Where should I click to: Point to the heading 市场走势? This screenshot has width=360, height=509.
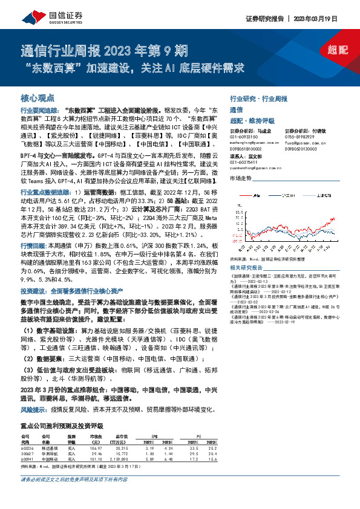[x=241, y=178]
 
